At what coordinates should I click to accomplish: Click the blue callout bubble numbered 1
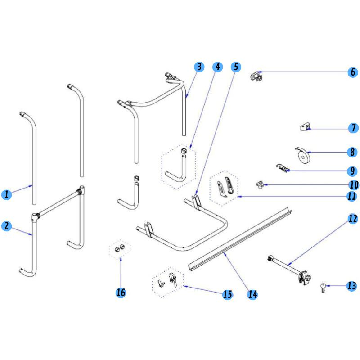click(6, 195)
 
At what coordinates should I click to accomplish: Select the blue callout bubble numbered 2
click(6, 226)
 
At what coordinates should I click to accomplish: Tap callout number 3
click(199, 67)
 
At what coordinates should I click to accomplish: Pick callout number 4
click(218, 67)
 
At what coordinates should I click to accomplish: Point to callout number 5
click(236, 67)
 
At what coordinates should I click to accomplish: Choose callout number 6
click(353, 72)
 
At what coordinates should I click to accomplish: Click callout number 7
click(353, 128)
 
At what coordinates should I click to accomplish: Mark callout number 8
click(353, 153)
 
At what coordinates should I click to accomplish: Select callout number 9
click(353, 171)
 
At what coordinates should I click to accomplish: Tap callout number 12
click(353, 219)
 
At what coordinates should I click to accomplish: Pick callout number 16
click(121, 292)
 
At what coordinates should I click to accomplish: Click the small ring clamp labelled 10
click(260, 184)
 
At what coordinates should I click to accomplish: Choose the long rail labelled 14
click(238, 238)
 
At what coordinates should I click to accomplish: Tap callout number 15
click(228, 294)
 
